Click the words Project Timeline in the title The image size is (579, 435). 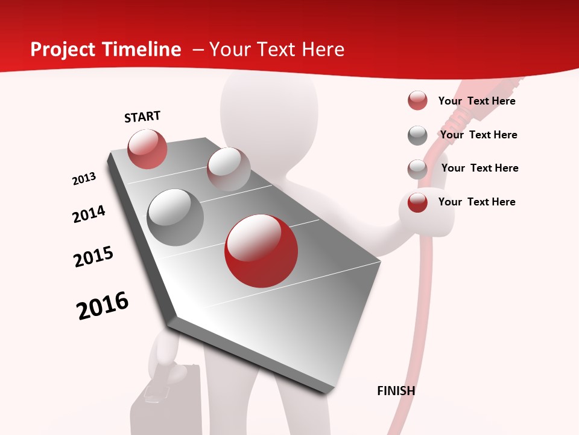pyautogui.click(x=106, y=50)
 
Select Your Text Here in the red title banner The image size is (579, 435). pyautogui.click(x=277, y=50)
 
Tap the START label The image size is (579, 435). pyautogui.click(x=142, y=117)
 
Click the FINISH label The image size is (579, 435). pyautogui.click(x=396, y=391)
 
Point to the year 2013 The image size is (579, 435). pyautogui.click(x=84, y=178)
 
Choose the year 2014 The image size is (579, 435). pyautogui.click(x=89, y=214)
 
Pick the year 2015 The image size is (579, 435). pyautogui.click(x=93, y=256)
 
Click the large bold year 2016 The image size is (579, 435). pyautogui.click(x=103, y=305)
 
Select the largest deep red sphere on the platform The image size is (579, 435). pyautogui.click(x=261, y=251)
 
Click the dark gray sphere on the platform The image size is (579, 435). pyautogui.click(x=176, y=217)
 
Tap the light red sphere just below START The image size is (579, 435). pyautogui.click(x=147, y=149)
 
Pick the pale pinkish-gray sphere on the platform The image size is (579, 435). pyautogui.click(x=229, y=169)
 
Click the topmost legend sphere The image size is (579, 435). pyautogui.click(x=417, y=100)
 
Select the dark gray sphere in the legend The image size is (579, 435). pyautogui.click(x=417, y=135)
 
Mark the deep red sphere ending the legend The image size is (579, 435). pyautogui.click(x=417, y=202)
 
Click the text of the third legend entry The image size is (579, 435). pyautogui.click(x=479, y=168)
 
